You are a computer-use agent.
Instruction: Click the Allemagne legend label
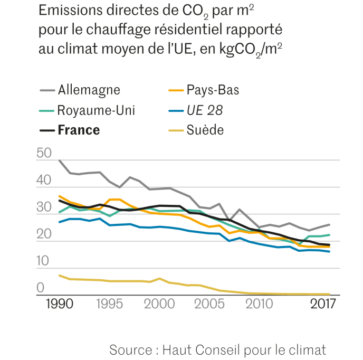point(89,90)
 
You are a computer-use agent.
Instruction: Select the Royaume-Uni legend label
point(96,110)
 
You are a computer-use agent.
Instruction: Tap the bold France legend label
point(79,130)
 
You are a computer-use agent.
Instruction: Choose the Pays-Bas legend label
point(213,90)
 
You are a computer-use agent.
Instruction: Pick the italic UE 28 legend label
point(204,110)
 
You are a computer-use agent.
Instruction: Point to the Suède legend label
point(205,130)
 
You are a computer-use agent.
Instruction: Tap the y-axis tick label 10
point(44,260)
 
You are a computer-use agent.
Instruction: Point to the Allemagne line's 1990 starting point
point(59,159)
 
